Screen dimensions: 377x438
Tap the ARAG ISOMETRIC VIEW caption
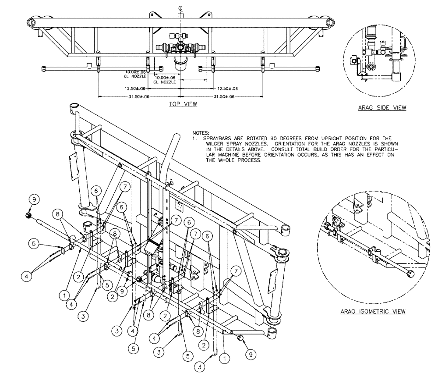pos(372,312)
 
